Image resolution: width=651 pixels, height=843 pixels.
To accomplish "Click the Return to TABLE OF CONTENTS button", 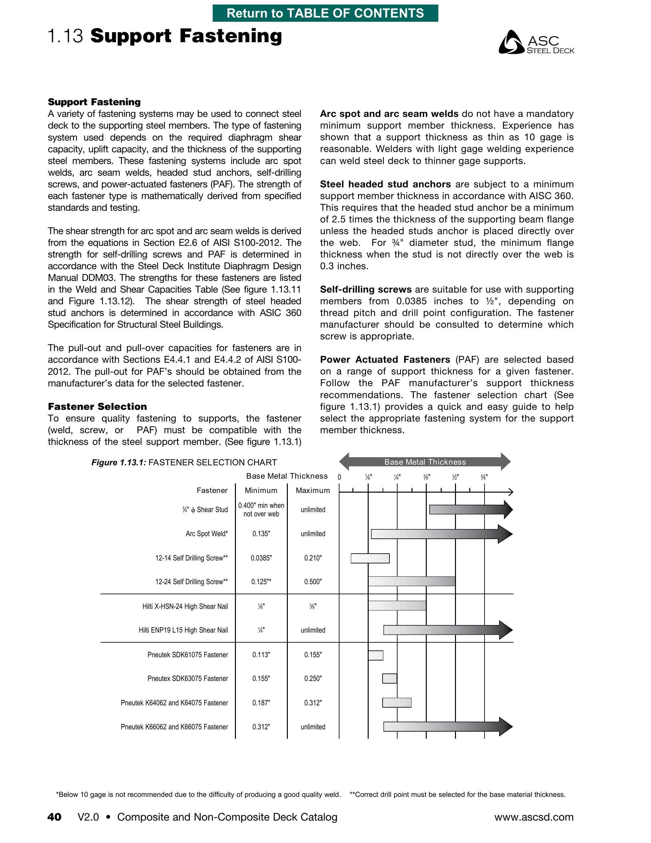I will pyautogui.click(x=325, y=13).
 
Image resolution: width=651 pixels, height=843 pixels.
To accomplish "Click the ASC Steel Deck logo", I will pyautogui.click(x=536, y=42).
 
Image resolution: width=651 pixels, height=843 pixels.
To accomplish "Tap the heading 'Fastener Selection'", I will pyautogui.click(x=97, y=407).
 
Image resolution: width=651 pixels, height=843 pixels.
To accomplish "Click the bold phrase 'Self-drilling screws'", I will pyautogui.click(x=366, y=289).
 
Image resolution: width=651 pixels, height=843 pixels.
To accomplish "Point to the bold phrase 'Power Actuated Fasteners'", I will pyautogui.click(x=385, y=359).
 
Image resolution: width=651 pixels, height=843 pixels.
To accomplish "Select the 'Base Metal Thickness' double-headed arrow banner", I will pyautogui.click(x=424, y=462).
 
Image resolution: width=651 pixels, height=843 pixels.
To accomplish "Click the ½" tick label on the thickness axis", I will pyautogui.click(x=455, y=477).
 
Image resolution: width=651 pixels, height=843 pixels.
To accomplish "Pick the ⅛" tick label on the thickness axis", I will pyautogui.click(x=368, y=477).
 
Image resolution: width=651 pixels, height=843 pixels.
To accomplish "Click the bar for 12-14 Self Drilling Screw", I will pyautogui.click(x=370, y=558).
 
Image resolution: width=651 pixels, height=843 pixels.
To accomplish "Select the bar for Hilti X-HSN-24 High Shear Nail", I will pyautogui.click(x=397, y=606).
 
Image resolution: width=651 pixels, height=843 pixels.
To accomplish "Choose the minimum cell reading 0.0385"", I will pyautogui.click(x=261, y=558).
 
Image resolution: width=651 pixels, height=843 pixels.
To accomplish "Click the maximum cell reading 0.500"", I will pyautogui.click(x=313, y=582).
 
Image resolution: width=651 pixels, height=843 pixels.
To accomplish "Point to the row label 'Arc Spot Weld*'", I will pyautogui.click(x=207, y=534).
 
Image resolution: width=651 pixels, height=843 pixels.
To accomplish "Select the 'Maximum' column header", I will pyautogui.click(x=313, y=490).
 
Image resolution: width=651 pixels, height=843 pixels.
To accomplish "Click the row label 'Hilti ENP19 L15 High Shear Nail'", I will pyautogui.click(x=183, y=630).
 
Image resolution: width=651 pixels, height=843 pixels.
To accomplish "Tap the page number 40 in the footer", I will pyautogui.click(x=55, y=817).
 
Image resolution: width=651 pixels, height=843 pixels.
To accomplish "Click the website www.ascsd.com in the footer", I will pyautogui.click(x=534, y=817).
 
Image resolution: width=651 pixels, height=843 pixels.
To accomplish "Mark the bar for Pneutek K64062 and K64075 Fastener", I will pyautogui.click(x=397, y=702).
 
